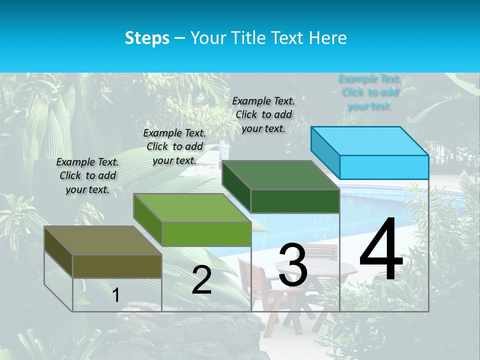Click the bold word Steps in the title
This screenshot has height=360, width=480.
(147, 38)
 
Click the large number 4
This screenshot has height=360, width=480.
(381, 250)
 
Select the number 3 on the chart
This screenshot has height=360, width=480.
(293, 265)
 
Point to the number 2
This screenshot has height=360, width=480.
(201, 280)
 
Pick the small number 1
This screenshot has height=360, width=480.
(116, 295)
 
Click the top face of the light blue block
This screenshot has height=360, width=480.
(370, 140)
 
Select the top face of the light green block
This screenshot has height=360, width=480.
(192, 207)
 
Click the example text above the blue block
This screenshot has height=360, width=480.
(369, 92)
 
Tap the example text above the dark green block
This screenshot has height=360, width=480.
(263, 114)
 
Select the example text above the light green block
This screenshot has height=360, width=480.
(174, 146)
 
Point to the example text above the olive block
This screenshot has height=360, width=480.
(87, 175)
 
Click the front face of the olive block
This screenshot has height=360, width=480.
(117, 266)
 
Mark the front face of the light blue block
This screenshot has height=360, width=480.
(384, 167)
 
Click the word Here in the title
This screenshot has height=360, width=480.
(328, 38)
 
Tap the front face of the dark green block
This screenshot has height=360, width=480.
(295, 201)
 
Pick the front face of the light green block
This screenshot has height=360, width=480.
(206, 234)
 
